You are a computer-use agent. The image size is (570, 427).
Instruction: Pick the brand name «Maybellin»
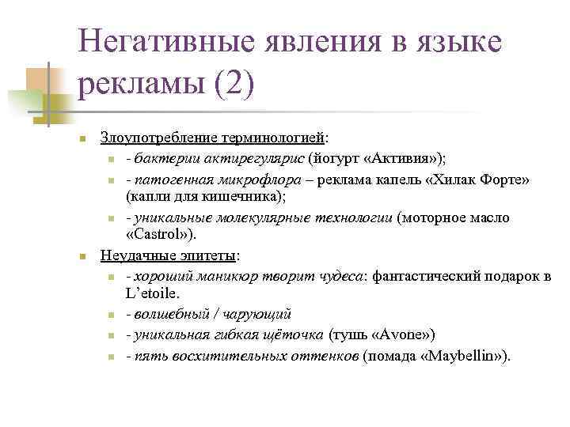pos(460,355)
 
